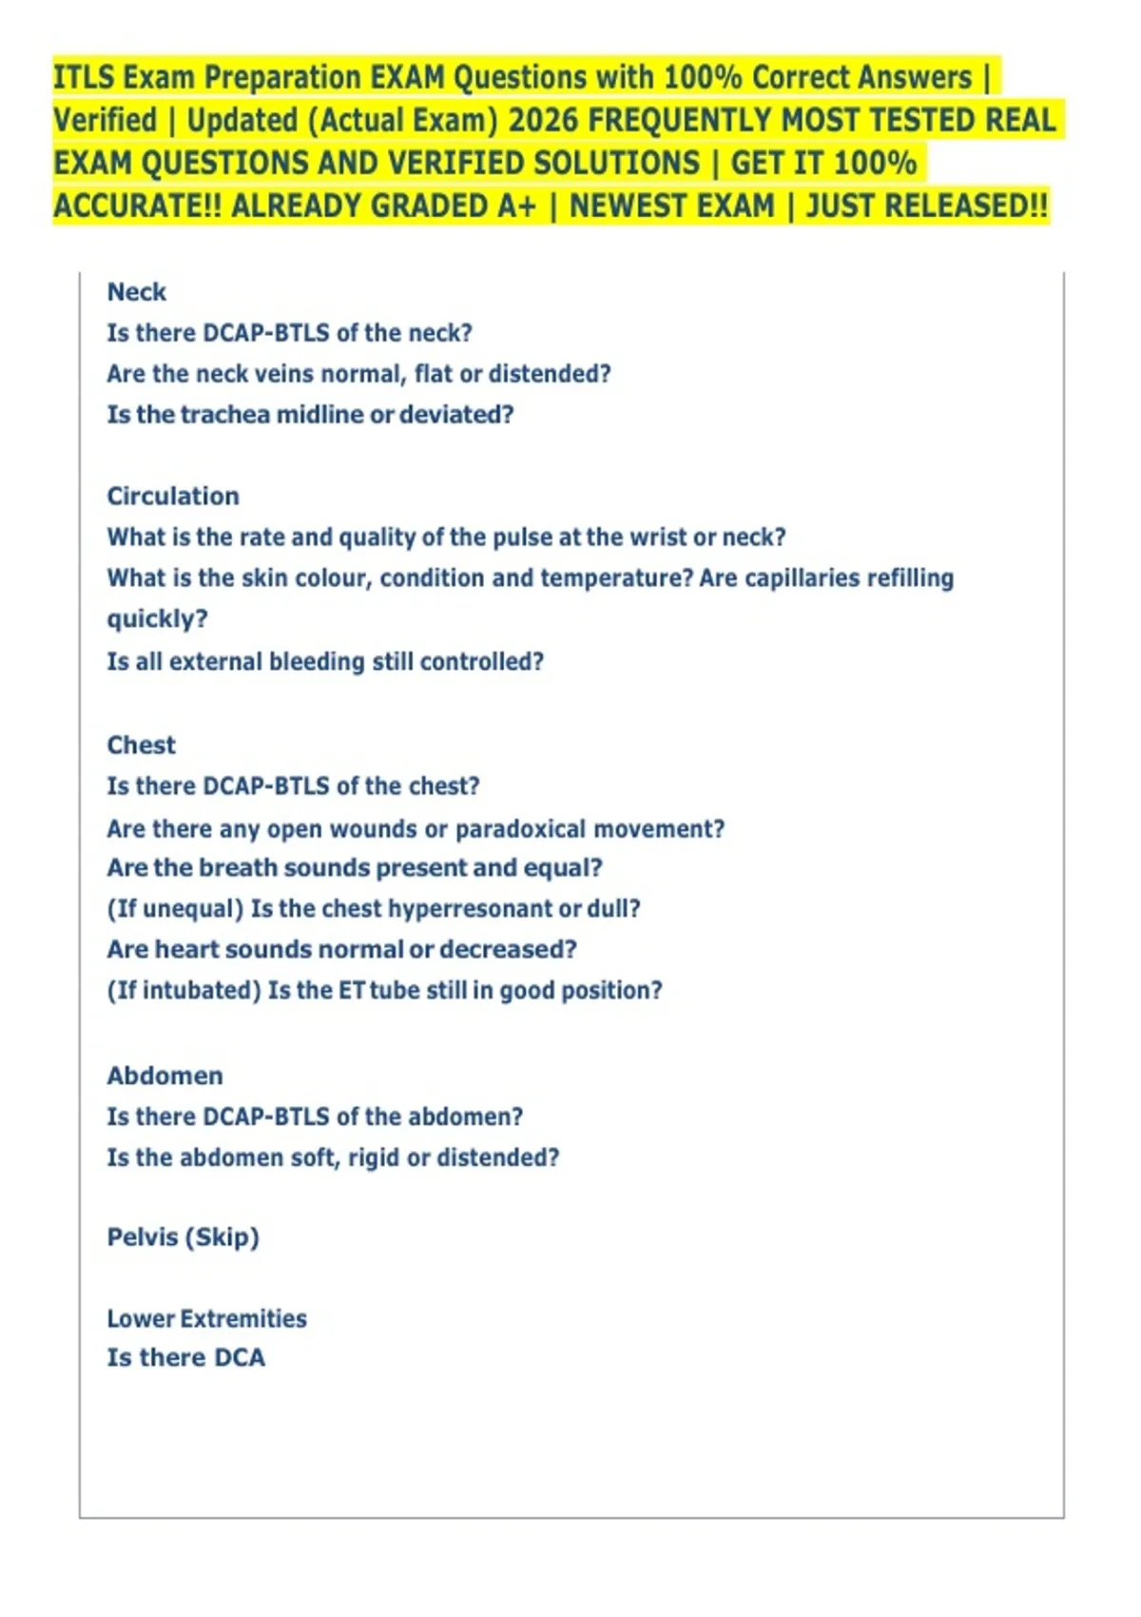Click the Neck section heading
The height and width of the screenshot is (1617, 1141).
click(136, 292)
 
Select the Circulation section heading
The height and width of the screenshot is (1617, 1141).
click(172, 497)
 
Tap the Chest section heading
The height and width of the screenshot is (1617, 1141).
click(141, 745)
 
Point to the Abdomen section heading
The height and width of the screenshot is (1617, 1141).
click(164, 1076)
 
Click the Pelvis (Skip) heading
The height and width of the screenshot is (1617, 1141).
click(183, 1237)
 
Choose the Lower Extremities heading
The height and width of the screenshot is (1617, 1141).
click(206, 1318)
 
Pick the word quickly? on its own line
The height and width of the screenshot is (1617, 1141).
click(157, 619)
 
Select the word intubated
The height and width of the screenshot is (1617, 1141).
click(202, 991)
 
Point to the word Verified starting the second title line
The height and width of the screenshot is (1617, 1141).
click(105, 121)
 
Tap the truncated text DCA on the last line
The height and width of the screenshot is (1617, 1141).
click(239, 1358)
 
